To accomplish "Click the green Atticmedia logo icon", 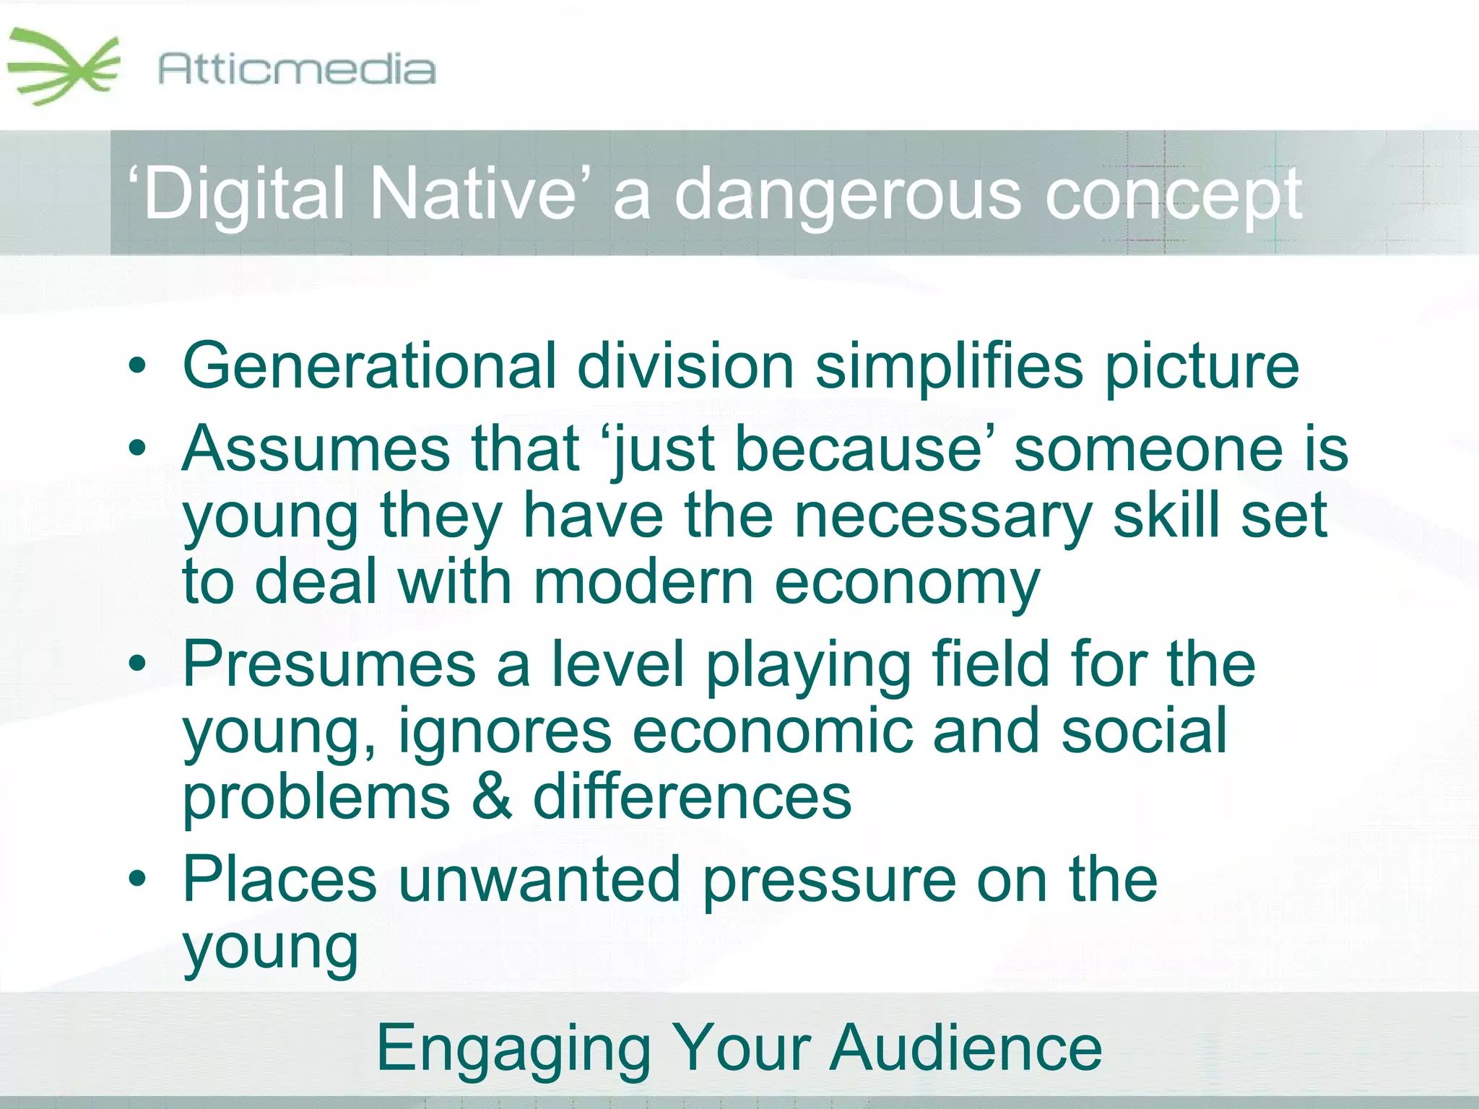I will (x=64, y=67).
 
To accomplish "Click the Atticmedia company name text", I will (x=296, y=70).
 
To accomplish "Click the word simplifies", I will (x=949, y=367).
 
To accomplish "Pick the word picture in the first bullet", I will (x=1202, y=367).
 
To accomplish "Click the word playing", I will (x=808, y=666).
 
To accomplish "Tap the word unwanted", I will (x=539, y=879).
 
